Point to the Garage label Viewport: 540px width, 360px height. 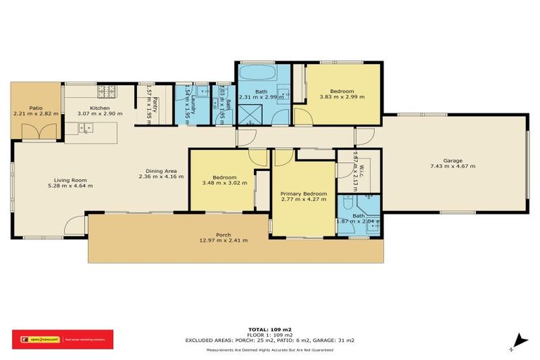point(452,161)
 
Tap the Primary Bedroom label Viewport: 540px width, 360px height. point(303,193)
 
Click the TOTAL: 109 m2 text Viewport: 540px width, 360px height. point(270,329)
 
